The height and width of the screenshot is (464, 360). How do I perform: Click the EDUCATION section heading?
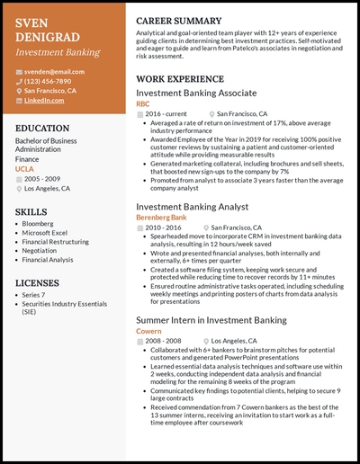[x=43, y=129]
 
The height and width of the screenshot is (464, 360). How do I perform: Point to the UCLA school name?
[x=25, y=169]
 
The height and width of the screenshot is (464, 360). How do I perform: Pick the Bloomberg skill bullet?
[x=39, y=223]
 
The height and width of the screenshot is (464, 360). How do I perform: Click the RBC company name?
[x=143, y=104]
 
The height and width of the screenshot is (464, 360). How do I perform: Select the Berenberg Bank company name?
[x=161, y=218]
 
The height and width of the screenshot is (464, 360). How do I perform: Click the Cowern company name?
[x=148, y=331]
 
